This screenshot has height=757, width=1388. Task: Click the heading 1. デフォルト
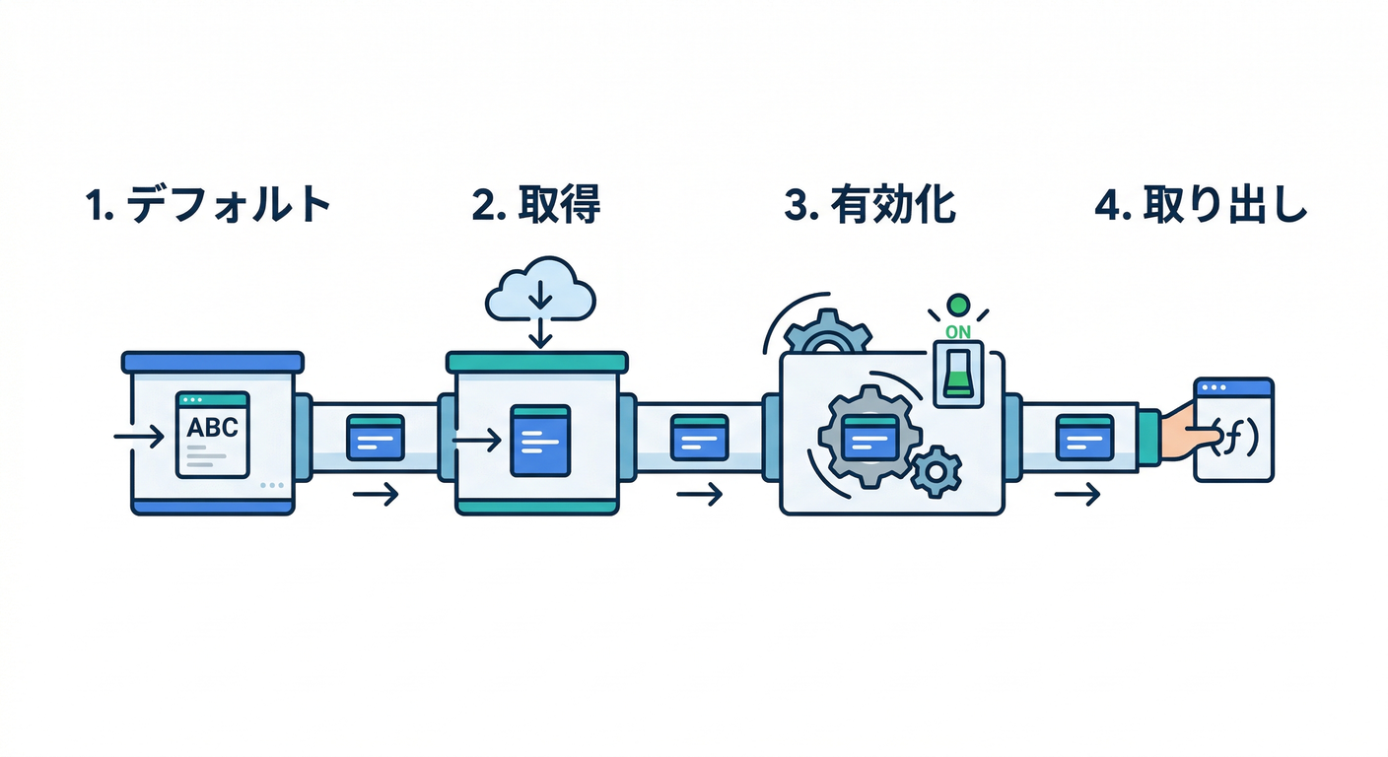coord(208,205)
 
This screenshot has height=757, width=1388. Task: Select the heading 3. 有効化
coord(869,205)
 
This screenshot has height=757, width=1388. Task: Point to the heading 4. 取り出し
coord(1200,205)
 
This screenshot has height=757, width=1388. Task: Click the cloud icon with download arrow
coord(541,289)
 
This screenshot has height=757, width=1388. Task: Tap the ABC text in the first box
coord(212,428)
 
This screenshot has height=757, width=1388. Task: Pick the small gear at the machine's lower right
coord(935,470)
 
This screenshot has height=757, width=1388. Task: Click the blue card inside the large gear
coord(869,435)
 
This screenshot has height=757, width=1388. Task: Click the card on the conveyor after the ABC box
coord(376,437)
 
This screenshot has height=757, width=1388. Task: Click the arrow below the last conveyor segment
coord(1076,495)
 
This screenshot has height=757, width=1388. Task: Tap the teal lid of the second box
coord(537,362)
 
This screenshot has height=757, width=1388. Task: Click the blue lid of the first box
coord(212,362)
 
